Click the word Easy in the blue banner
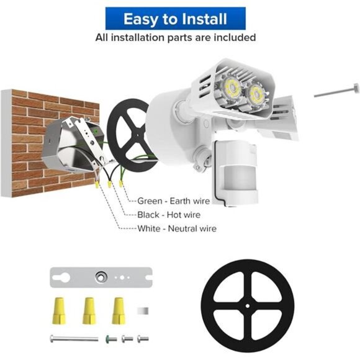[140, 19]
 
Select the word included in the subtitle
[233, 37]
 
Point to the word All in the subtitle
[102, 37]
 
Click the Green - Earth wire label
[173, 201]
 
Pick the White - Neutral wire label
[177, 228]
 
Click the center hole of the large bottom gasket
[248, 307]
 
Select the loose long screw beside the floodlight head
[336, 92]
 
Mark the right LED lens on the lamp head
[255, 94]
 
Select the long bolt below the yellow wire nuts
[73, 339]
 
